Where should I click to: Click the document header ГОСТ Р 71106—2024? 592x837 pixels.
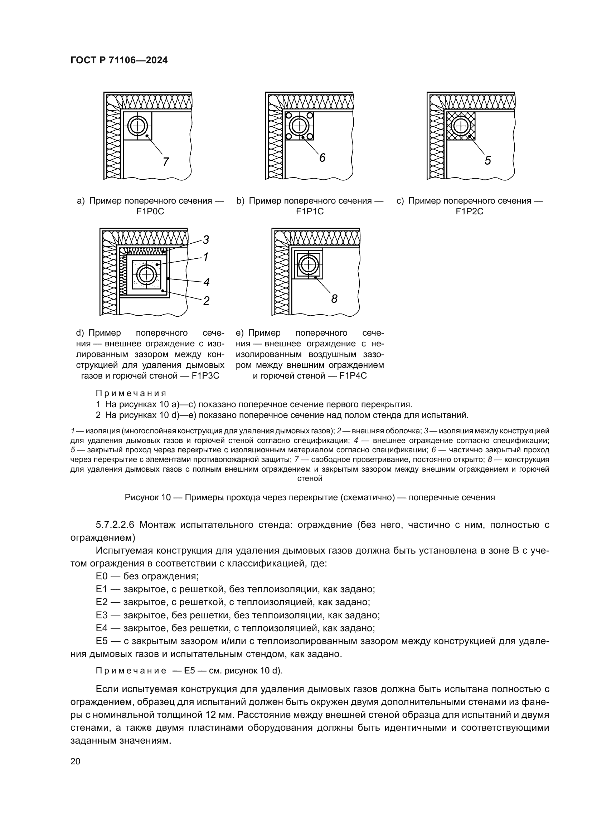pyautogui.click(x=119, y=60)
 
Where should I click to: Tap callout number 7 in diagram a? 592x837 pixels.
pyautogui.click(x=166, y=162)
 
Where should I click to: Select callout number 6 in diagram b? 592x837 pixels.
pyautogui.click(x=322, y=158)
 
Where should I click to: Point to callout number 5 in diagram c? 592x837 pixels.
pyautogui.click(x=488, y=160)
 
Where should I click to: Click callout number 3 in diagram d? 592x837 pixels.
pyautogui.click(x=206, y=240)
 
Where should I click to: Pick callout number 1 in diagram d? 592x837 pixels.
pyautogui.click(x=205, y=257)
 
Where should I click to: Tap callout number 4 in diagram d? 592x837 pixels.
pyautogui.click(x=206, y=282)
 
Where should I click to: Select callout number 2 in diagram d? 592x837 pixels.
pyautogui.click(x=206, y=301)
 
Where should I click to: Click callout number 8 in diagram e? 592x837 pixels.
pyautogui.click(x=334, y=299)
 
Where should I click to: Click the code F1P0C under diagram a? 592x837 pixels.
pyautogui.click(x=150, y=211)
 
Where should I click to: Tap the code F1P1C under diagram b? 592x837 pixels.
pyautogui.click(x=310, y=211)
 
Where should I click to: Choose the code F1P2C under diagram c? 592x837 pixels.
pyautogui.click(x=470, y=211)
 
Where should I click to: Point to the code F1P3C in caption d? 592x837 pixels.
pyautogui.click(x=205, y=376)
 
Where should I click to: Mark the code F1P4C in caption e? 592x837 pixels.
pyautogui.click(x=353, y=376)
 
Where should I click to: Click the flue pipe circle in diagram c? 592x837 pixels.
pyautogui.click(x=460, y=126)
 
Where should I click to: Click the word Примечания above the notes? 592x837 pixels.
pyautogui.click(x=131, y=393)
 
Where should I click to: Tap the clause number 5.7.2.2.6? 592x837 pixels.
pyautogui.click(x=115, y=525)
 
